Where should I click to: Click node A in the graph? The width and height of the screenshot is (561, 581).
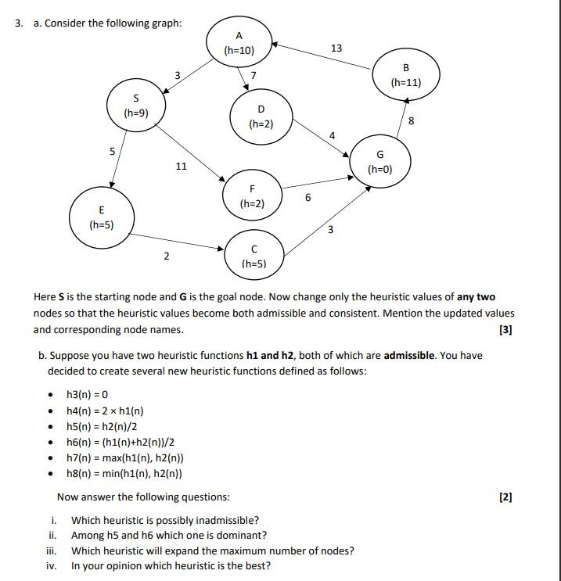point(239,42)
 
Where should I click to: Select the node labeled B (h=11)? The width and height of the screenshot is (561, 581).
point(405,75)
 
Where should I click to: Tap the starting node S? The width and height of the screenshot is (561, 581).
point(136,106)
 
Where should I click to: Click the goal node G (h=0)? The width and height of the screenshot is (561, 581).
point(380,162)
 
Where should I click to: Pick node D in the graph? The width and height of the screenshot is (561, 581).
point(261,116)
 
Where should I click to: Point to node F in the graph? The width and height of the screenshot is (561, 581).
point(252,195)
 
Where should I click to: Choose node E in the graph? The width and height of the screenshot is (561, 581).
point(102,217)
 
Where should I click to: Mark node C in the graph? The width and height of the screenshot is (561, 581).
point(254,256)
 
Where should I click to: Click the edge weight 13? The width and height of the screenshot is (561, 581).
point(336,48)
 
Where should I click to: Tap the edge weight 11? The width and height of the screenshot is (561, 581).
point(181,166)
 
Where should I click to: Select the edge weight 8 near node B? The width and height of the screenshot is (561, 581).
point(412,120)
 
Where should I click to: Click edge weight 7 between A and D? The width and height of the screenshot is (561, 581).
point(253,76)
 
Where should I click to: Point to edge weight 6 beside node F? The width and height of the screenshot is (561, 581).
point(307,198)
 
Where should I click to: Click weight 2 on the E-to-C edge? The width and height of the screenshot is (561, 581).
point(166,256)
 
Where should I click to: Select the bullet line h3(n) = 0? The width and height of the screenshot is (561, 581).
point(87,395)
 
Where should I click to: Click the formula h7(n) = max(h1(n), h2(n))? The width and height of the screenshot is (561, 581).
point(125,457)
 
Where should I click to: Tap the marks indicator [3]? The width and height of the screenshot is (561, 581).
point(505,329)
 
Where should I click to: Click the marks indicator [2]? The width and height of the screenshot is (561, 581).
point(505,497)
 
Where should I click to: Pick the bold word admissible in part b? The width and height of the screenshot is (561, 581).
point(408,355)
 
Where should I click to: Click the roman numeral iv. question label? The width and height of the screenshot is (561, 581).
point(52,566)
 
